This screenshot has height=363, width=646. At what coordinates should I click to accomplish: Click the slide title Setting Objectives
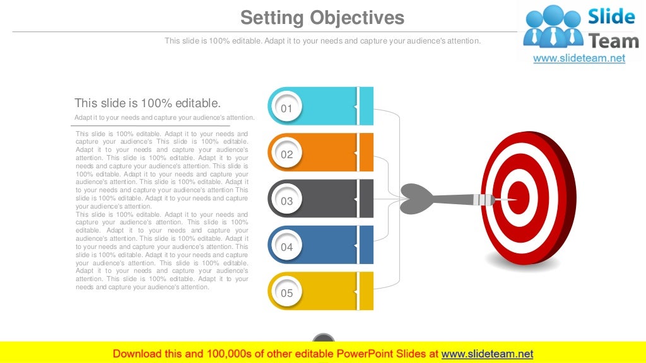[322, 17]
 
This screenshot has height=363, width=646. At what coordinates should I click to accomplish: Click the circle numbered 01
[287, 108]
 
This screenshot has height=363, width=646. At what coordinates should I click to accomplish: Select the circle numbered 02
[287, 154]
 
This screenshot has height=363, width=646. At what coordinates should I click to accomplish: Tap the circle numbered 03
[287, 201]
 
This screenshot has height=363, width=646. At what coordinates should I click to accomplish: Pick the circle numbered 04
[287, 247]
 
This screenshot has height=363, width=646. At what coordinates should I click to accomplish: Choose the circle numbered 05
[287, 293]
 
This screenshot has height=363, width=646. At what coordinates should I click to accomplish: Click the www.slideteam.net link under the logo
[579, 59]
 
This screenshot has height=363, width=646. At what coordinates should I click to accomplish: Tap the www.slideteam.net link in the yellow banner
[487, 354]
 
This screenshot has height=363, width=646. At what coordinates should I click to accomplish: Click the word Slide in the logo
[611, 17]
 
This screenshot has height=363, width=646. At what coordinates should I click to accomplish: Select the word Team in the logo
[613, 41]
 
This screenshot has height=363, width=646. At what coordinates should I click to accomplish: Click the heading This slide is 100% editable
[148, 103]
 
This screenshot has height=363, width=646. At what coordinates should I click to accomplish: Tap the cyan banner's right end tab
[367, 106]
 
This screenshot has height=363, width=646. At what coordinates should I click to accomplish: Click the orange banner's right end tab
[367, 153]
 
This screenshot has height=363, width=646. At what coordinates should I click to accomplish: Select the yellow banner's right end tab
[367, 291]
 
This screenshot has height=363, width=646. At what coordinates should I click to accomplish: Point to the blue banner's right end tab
[367, 245]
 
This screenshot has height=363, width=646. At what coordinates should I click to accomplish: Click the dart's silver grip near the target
[484, 199]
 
